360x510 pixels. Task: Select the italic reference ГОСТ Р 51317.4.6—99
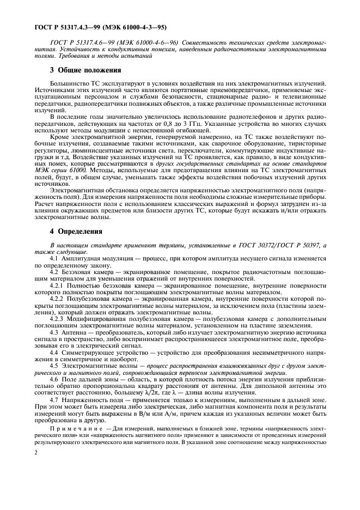83,41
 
